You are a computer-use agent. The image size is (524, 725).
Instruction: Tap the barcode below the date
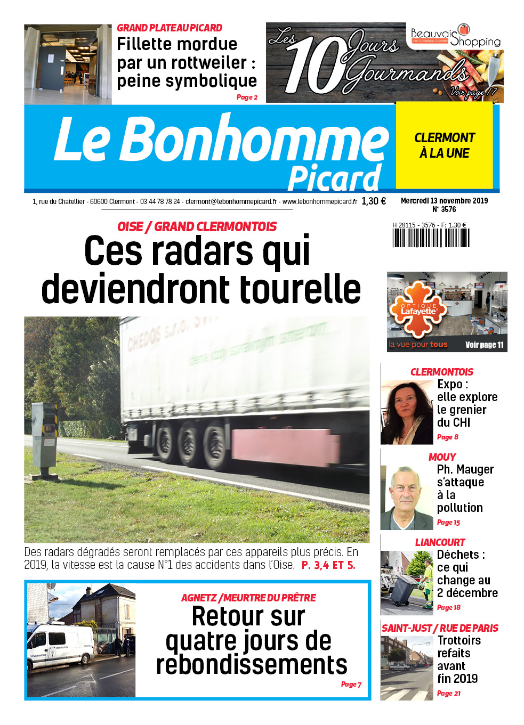point(431,238)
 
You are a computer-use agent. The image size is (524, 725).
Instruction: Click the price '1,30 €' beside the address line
point(373,201)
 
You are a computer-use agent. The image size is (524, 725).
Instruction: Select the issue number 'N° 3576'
point(444,209)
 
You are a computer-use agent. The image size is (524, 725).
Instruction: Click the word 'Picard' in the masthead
point(334,178)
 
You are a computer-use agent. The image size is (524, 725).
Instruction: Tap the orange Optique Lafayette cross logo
point(417,310)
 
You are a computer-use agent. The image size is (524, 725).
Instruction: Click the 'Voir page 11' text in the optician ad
point(484,345)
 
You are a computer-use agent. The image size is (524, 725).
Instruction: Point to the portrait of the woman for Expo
point(407,412)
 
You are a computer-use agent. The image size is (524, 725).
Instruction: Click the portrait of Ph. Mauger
point(407,498)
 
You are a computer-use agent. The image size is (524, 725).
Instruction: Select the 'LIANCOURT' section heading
point(440,542)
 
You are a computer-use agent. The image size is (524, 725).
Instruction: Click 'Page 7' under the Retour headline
point(351,685)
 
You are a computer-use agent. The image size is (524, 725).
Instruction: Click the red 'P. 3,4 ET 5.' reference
point(328,565)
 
